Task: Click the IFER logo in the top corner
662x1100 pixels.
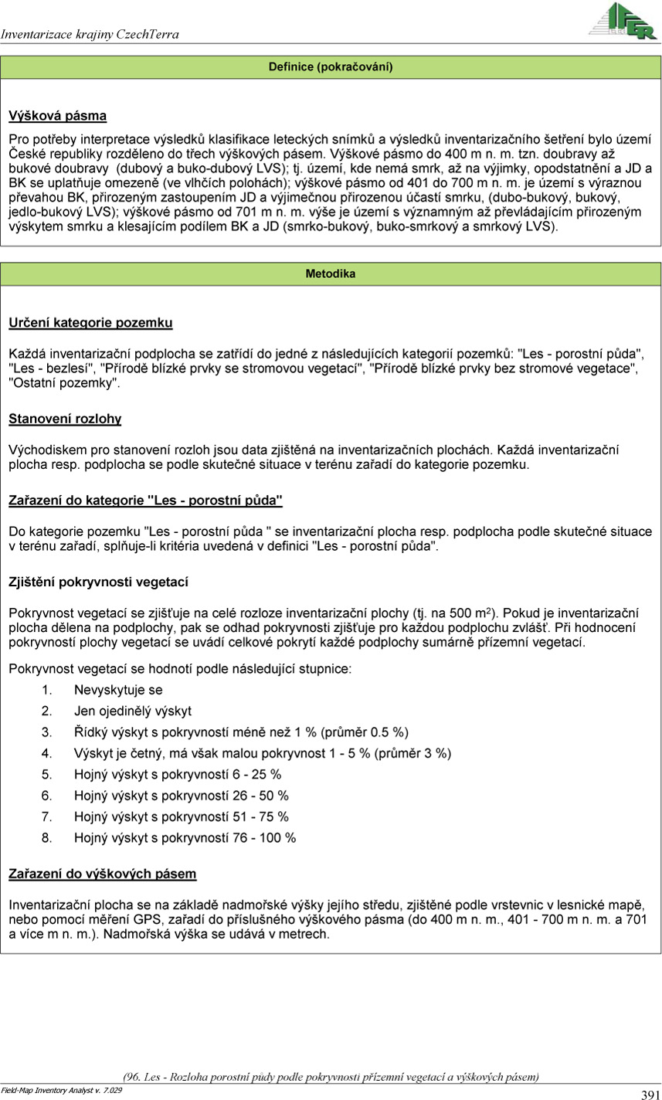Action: click(x=623, y=21)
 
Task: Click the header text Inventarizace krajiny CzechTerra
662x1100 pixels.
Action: click(x=90, y=34)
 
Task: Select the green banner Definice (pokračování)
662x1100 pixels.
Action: click(x=331, y=67)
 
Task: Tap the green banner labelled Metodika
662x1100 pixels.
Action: click(x=331, y=273)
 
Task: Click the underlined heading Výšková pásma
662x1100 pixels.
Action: click(x=57, y=117)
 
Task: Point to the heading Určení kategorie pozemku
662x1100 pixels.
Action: click(x=90, y=322)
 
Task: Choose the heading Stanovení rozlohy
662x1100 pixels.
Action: click(x=65, y=419)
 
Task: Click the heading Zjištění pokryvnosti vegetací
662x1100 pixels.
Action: click(x=98, y=582)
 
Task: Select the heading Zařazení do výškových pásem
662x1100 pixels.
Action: click(x=102, y=874)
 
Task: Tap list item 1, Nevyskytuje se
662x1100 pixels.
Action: click(x=118, y=690)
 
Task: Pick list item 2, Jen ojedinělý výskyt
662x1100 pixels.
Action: click(x=132, y=711)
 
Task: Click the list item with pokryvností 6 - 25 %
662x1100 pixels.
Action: click(x=178, y=774)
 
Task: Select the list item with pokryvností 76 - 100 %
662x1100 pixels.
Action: click(x=185, y=837)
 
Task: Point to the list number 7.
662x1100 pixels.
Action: click(x=46, y=817)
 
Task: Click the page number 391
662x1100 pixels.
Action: click(x=649, y=1094)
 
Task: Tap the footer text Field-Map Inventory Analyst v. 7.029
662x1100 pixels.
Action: click(x=62, y=1090)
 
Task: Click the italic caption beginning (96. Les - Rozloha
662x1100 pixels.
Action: click(x=331, y=1076)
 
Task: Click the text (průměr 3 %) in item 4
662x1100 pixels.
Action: click(x=412, y=753)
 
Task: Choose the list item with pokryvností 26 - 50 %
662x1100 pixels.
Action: click(x=182, y=796)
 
